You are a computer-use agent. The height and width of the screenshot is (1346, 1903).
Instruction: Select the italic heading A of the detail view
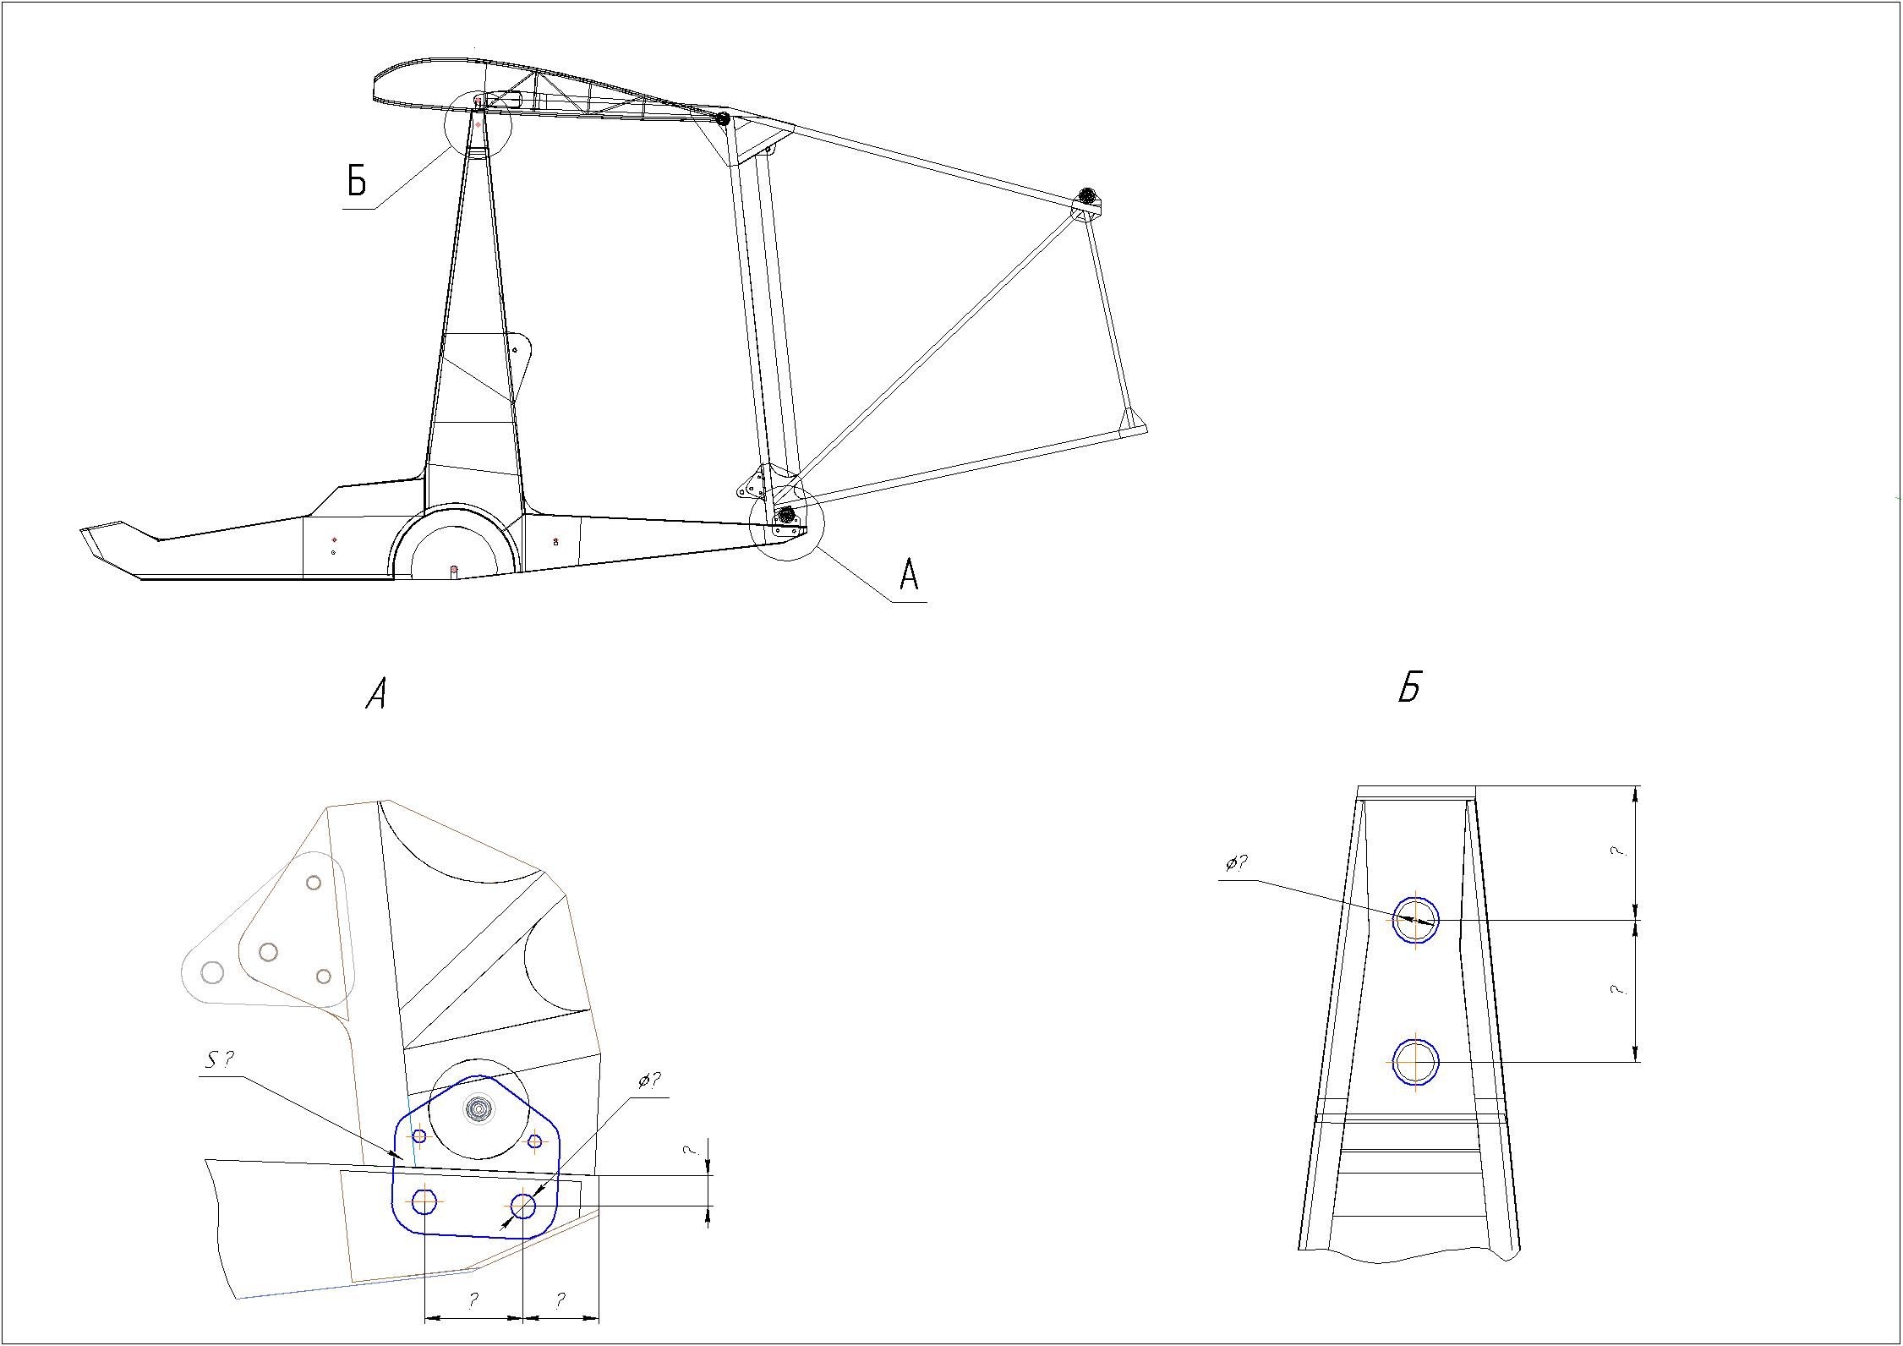tap(376, 695)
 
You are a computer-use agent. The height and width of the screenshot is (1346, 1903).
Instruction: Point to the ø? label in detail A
tap(649, 1081)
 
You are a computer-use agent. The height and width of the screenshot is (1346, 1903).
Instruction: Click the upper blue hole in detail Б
tap(1415, 919)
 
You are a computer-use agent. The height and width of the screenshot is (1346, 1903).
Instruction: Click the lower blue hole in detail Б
tap(1415, 1062)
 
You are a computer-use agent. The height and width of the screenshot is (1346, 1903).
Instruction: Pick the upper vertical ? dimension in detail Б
tap(1618, 852)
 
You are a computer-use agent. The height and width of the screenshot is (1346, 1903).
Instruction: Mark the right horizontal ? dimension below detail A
tap(561, 1300)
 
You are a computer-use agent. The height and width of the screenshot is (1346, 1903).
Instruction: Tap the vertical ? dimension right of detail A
tap(692, 1151)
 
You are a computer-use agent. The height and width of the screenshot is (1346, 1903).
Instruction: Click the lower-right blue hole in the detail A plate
tap(523, 1206)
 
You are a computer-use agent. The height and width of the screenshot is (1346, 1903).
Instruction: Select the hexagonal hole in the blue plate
tap(424, 1200)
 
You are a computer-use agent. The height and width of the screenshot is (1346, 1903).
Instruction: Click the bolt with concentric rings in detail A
tap(478, 1108)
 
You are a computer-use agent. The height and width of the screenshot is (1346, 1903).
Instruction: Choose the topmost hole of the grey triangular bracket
tap(314, 883)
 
